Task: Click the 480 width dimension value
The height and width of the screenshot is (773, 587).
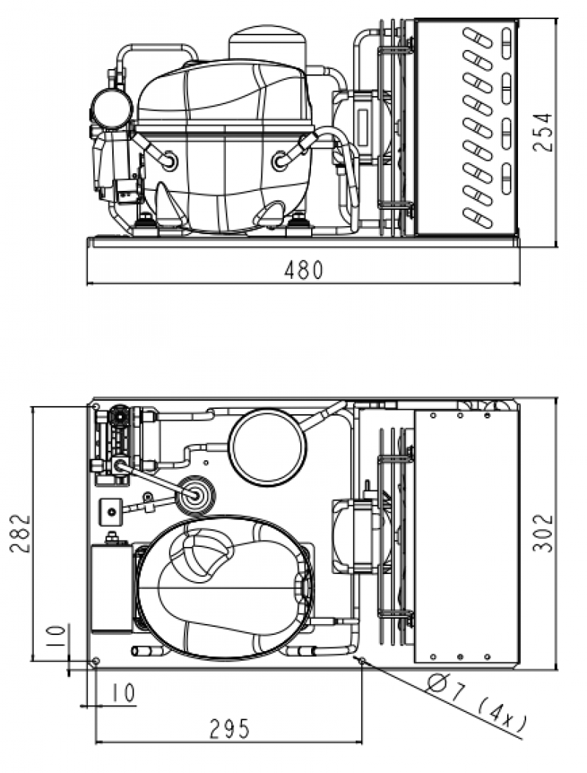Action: (304, 269)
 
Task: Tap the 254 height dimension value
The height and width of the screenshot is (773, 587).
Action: (543, 133)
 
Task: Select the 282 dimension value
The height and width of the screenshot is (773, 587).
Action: (21, 534)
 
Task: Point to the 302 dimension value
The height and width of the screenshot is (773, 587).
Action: (543, 533)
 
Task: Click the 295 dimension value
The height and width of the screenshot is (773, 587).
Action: (230, 729)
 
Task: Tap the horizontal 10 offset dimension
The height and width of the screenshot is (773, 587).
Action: (123, 693)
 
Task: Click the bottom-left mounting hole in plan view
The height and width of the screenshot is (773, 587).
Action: (96, 661)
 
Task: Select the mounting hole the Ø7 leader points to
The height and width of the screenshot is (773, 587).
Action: (362, 661)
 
